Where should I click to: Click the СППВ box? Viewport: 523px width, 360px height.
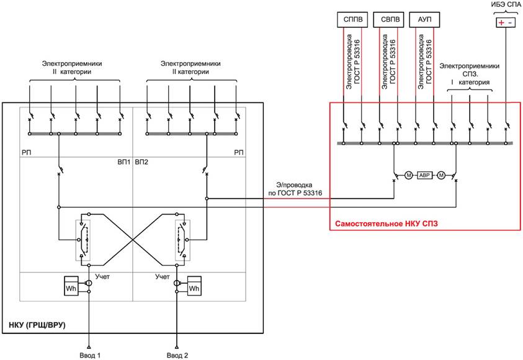352,20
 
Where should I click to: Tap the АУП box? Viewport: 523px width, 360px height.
424,20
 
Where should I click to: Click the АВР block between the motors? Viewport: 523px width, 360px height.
424,175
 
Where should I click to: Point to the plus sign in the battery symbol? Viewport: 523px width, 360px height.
501,23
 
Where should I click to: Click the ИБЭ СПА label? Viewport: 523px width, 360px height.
506,5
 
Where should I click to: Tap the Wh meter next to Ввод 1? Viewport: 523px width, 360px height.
71,286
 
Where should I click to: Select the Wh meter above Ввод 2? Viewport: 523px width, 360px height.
194,286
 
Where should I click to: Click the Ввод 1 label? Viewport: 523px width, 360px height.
90,355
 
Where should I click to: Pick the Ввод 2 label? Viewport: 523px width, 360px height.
177,355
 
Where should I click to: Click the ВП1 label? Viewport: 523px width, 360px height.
123,162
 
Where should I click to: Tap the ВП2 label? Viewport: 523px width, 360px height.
141,162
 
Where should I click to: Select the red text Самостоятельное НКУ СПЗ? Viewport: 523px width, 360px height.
387,223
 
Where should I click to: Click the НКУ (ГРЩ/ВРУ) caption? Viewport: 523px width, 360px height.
37,325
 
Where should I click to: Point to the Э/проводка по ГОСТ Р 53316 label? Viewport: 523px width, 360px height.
295,189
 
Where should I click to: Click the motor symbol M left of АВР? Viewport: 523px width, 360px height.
409,175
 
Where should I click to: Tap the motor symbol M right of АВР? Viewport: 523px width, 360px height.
441,175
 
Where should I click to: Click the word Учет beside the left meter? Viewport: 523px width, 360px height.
102,277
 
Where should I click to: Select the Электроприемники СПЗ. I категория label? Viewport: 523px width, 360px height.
469,74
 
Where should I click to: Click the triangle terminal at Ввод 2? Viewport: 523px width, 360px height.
177,347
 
